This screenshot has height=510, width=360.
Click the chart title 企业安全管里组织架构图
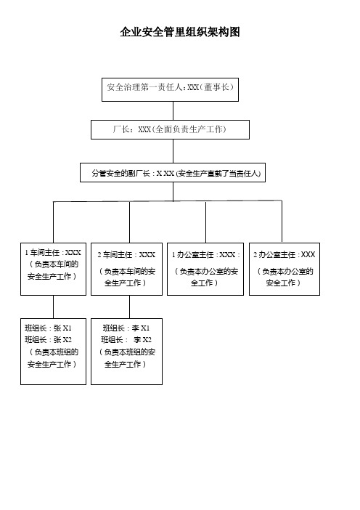click(x=180, y=32)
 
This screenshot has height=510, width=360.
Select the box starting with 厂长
click(x=170, y=129)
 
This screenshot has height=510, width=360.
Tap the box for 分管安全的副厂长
click(x=173, y=172)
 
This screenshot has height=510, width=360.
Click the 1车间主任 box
click(x=53, y=269)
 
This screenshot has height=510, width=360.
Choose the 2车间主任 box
click(x=126, y=269)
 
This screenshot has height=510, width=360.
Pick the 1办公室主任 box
click(x=205, y=269)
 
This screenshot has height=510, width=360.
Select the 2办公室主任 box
click(x=285, y=269)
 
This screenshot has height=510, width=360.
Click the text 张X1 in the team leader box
click(x=62, y=328)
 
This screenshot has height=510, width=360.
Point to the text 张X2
click(x=62, y=340)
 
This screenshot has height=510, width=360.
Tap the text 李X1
click(x=141, y=328)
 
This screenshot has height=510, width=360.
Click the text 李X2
click(x=142, y=340)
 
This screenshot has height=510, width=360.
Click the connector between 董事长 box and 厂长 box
click(x=173, y=110)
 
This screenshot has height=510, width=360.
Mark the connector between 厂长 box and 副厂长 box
click(x=173, y=151)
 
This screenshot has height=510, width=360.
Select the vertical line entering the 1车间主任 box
click(x=53, y=222)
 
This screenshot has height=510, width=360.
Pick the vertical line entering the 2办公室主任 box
click(x=282, y=222)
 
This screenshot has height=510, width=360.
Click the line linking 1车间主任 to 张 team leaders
click(x=53, y=307)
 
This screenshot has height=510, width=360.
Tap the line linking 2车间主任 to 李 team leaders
click(x=129, y=307)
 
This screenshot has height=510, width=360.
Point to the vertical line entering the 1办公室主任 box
click(x=205, y=222)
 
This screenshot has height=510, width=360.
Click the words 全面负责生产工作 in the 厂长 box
click(x=189, y=129)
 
